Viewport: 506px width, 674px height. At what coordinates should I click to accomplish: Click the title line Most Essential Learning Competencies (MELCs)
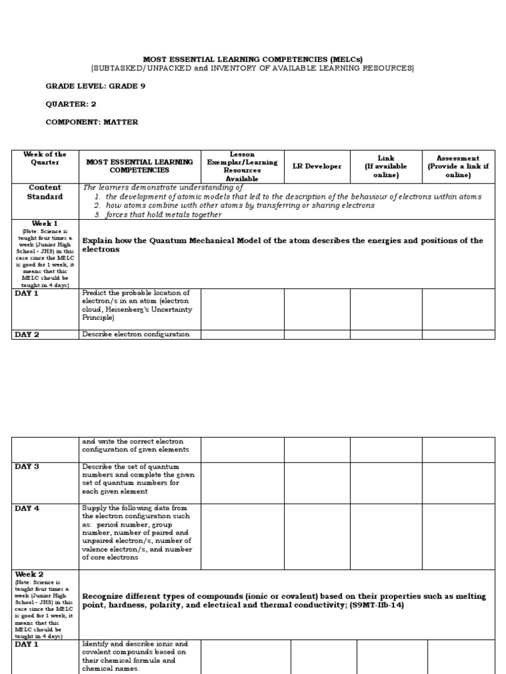(253, 59)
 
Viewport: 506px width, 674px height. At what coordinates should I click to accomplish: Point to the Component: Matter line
(92, 122)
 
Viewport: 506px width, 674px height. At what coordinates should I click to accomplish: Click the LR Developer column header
(317, 167)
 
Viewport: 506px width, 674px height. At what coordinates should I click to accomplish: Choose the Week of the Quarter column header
(45, 159)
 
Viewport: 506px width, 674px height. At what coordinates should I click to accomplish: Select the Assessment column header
(458, 167)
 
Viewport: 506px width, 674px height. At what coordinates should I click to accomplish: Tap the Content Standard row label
(45, 192)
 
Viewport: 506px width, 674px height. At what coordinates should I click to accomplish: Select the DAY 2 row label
(27, 334)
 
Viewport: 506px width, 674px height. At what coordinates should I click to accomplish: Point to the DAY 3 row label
(27, 467)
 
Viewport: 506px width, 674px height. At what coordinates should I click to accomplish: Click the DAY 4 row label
(27, 508)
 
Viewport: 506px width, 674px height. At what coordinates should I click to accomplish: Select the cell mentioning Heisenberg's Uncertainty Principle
(136, 305)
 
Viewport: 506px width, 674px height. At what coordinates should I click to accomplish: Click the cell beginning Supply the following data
(137, 532)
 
